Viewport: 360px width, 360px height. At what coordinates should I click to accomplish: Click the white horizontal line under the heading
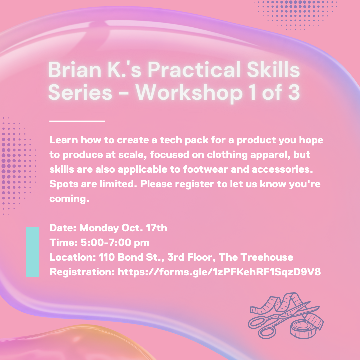[77, 121]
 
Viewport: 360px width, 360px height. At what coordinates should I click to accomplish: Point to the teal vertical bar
[33, 252]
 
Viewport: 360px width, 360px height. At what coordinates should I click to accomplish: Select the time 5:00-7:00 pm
[115, 243]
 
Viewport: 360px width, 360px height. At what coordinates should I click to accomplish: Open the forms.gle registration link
[219, 272]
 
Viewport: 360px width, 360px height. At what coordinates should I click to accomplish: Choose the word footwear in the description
[208, 169]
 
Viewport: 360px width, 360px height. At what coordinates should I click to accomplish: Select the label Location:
[72, 257]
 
